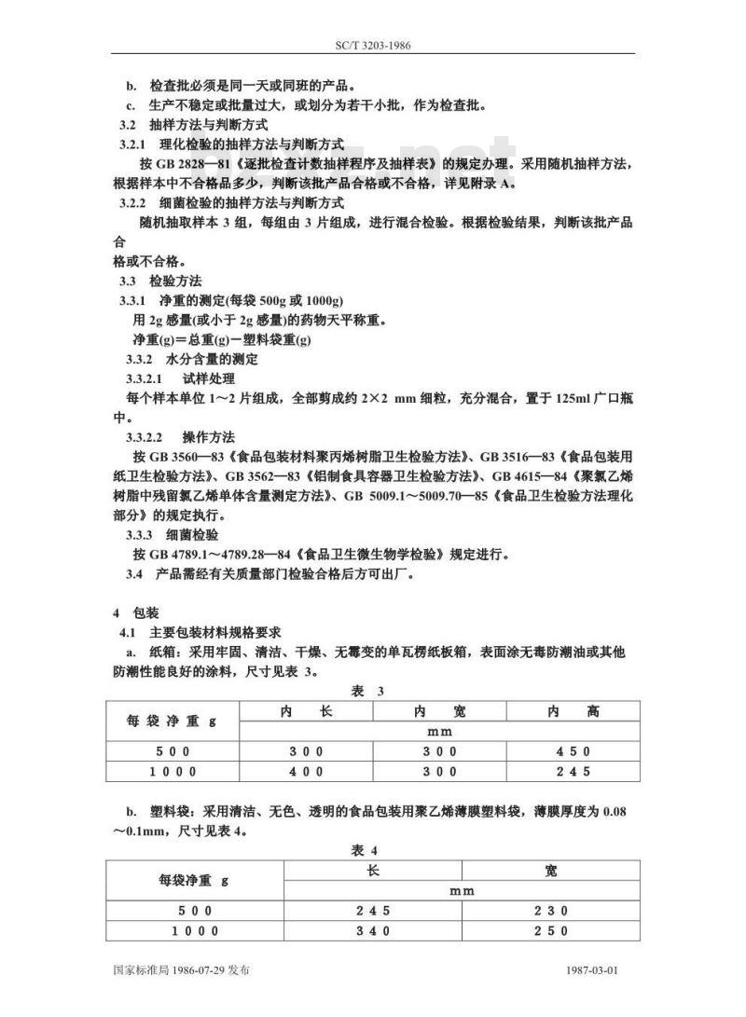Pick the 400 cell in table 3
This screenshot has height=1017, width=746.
tap(306, 772)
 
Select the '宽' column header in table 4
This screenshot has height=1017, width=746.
tap(551, 871)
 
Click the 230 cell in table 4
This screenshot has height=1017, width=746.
tap(551, 911)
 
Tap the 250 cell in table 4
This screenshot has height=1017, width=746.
tap(551, 930)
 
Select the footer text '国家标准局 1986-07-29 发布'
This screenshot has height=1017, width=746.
tap(180, 970)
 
